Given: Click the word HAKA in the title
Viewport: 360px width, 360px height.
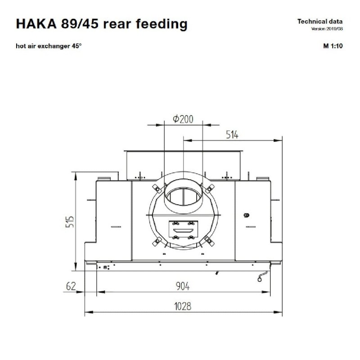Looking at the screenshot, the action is click(x=36, y=24).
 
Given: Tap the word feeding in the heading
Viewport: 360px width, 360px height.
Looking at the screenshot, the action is click(x=162, y=24).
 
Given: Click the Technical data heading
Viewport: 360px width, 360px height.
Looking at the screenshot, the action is click(x=320, y=22).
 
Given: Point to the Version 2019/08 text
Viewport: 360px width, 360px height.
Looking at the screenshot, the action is click(x=327, y=29).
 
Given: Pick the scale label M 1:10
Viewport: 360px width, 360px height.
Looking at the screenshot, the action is click(x=333, y=46).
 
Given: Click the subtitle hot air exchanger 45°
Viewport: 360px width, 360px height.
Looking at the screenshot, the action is click(x=49, y=46).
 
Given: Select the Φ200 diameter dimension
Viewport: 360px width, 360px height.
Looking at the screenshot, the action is click(x=183, y=119).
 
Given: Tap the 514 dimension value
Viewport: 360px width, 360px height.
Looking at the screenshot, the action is click(x=232, y=135).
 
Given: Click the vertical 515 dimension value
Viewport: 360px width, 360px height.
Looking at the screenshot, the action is click(x=70, y=221).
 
